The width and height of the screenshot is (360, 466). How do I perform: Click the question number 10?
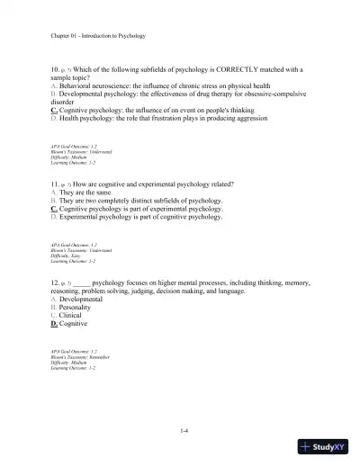(55, 69)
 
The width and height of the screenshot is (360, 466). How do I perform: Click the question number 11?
(55, 184)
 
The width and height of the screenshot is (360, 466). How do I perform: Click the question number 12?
(55, 282)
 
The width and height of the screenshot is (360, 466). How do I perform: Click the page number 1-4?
(184, 431)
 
